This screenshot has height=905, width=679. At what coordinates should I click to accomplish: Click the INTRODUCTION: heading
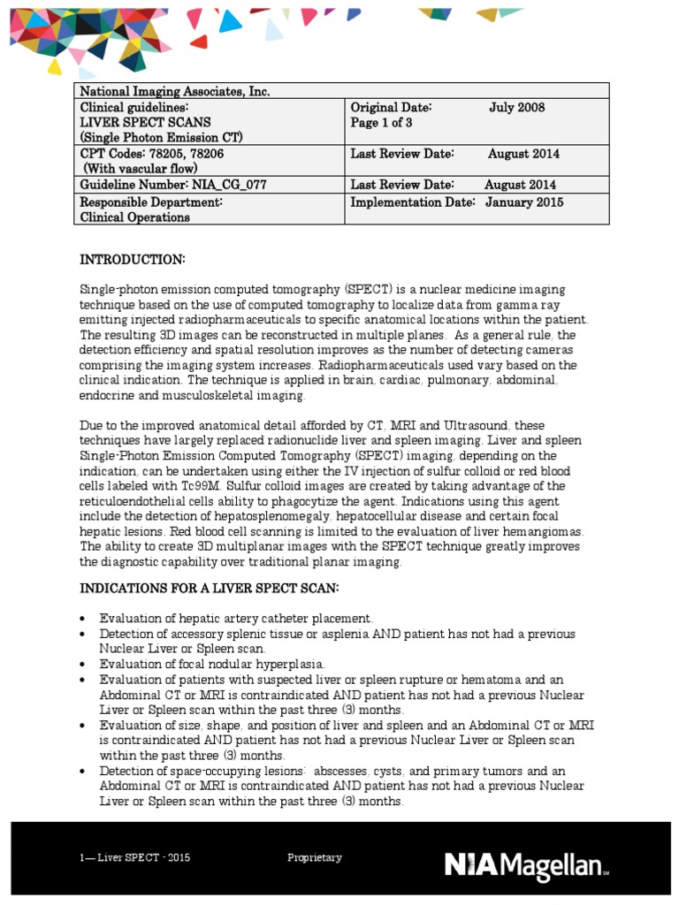(133, 259)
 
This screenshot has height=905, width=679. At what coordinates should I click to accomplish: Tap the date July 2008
(517, 108)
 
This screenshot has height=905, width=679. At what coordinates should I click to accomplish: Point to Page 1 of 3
(382, 124)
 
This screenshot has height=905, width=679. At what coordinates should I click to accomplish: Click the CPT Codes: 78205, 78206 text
(154, 154)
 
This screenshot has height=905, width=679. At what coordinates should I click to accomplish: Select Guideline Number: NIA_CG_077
(173, 185)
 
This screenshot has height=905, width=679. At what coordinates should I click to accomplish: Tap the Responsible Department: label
(150, 202)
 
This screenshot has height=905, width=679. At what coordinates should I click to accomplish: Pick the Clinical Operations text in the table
(135, 217)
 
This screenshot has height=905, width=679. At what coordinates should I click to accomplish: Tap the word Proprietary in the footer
(315, 858)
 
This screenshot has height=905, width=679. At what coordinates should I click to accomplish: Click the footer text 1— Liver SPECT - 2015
(133, 858)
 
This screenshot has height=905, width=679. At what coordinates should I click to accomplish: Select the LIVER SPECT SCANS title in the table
(146, 123)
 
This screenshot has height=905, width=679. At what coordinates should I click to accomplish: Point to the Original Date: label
(391, 108)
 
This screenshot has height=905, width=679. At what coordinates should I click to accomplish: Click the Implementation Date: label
(415, 202)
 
